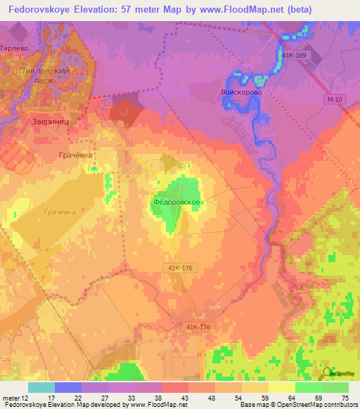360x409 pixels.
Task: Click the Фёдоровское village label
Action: [178, 202]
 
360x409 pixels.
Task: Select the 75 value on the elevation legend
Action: [345, 397]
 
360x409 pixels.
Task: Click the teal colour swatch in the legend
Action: [41, 387]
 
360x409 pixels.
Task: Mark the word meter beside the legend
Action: [10, 397]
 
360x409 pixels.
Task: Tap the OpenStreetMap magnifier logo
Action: [325, 373]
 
